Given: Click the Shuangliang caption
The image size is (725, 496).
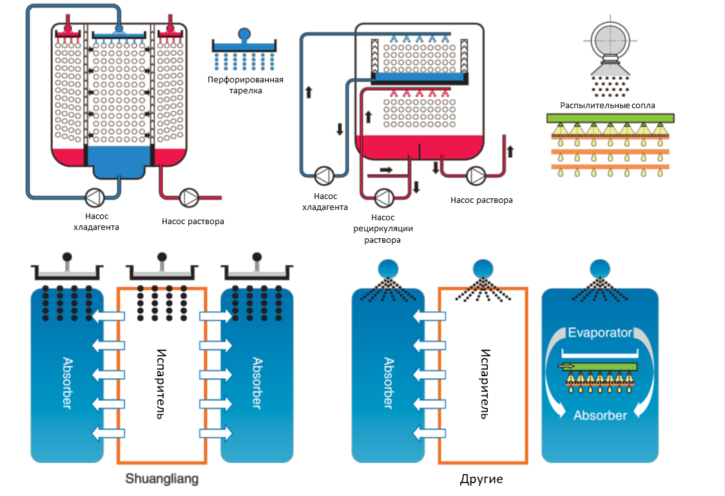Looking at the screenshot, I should click(162, 479).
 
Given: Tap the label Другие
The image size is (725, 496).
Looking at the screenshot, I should click(481, 479).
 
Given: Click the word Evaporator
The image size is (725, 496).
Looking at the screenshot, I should click(600, 333).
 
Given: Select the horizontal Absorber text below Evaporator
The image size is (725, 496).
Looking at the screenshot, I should click(600, 415).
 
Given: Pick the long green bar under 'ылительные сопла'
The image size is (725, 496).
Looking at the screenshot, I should click(610, 118).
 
